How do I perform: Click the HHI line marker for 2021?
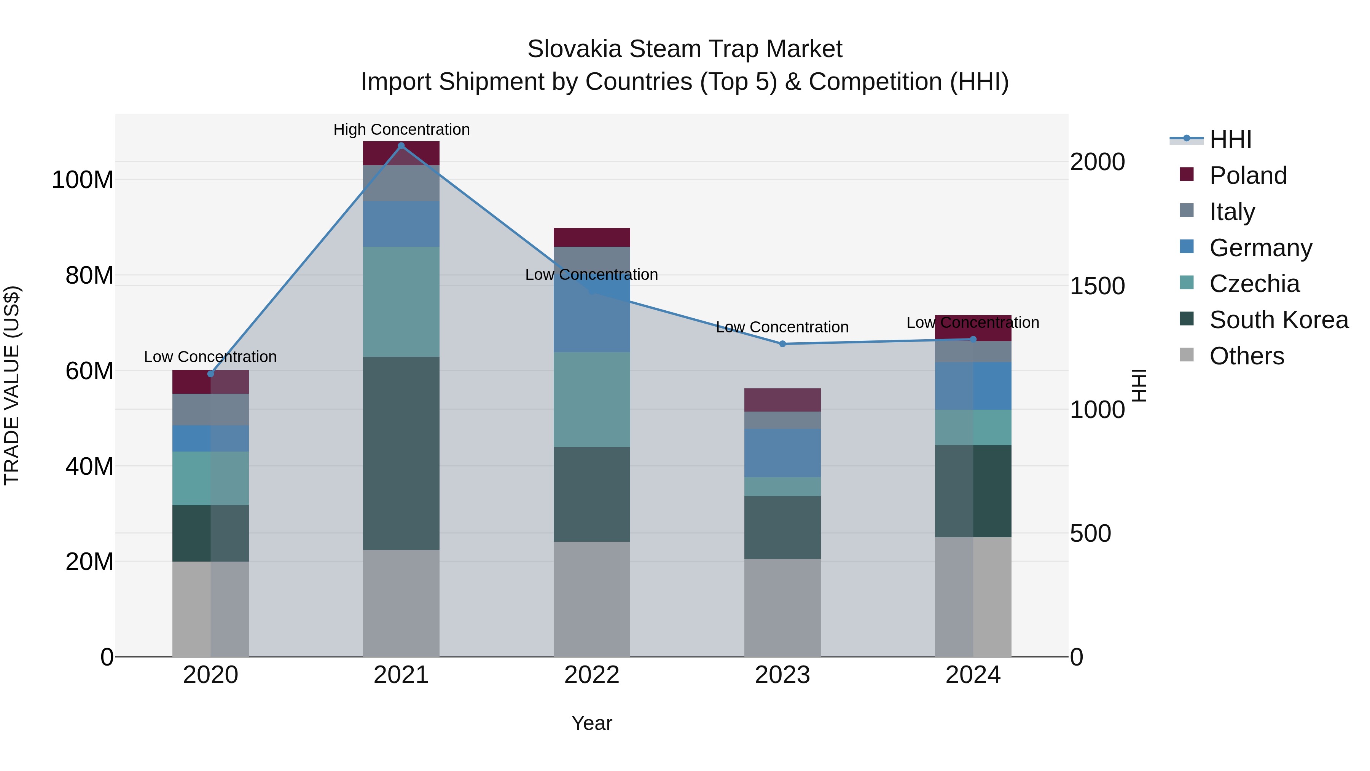pyautogui.click(x=401, y=146)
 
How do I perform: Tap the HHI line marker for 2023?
pyautogui.click(x=782, y=344)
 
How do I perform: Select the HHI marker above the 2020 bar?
pyautogui.click(x=210, y=374)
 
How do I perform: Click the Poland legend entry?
pyautogui.click(x=1248, y=176)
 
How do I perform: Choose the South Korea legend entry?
pyautogui.click(x=1279, y=320)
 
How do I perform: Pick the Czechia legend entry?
pyautogui.click(x=1254, y=284)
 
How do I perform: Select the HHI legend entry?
pyautogui.click(x=1230, y=139)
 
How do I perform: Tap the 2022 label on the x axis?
pyautogui.click(x=591, y=675)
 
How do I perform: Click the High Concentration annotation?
pyautogui.click(x=401, y=130)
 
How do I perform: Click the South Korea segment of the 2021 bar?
pyautogui.click(x=401, y=453)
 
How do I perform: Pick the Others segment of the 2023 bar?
pyautogui.click(x=782, y=607)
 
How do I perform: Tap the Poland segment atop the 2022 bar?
pyautogui.click(x=591, y=237)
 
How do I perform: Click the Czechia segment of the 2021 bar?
pyautogui.click(x=401, y=302)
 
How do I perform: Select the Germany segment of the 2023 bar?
pyautogui.click(x=782, y=453)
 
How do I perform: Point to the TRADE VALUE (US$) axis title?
pyautogui.click(x=12, y=385)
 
